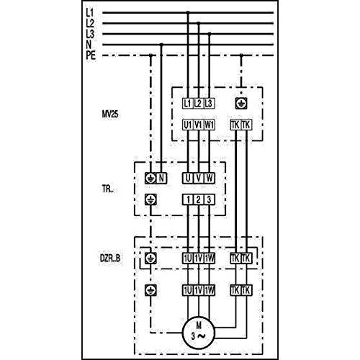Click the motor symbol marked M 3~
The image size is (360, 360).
click(199, 333)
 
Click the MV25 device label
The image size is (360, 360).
click(110, 114)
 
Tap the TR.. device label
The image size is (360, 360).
click(107, 189)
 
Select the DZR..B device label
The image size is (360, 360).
click(110, 258)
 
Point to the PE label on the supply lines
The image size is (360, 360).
click(91, 55)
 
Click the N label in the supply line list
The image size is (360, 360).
click(89, 45)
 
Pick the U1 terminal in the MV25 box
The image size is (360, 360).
click(188, 125)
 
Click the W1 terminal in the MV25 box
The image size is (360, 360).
click(210, 125)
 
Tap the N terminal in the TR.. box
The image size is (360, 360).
click(161, 178)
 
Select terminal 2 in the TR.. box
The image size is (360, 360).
click(199, 199)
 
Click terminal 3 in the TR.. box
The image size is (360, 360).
click(210, 199)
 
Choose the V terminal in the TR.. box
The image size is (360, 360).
click(199, 178)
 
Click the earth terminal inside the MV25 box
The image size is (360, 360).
click(241, 104)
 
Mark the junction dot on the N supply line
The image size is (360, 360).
click(161, 45)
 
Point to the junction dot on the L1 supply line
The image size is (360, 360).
click(188, 12)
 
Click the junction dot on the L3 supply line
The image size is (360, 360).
click(210, 34)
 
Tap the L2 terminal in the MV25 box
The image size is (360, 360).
click(199, 104)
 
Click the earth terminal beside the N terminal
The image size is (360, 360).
click(150, 178)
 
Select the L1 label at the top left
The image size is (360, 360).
click(90, 12)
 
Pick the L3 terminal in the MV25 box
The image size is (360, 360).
click(210, 104)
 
